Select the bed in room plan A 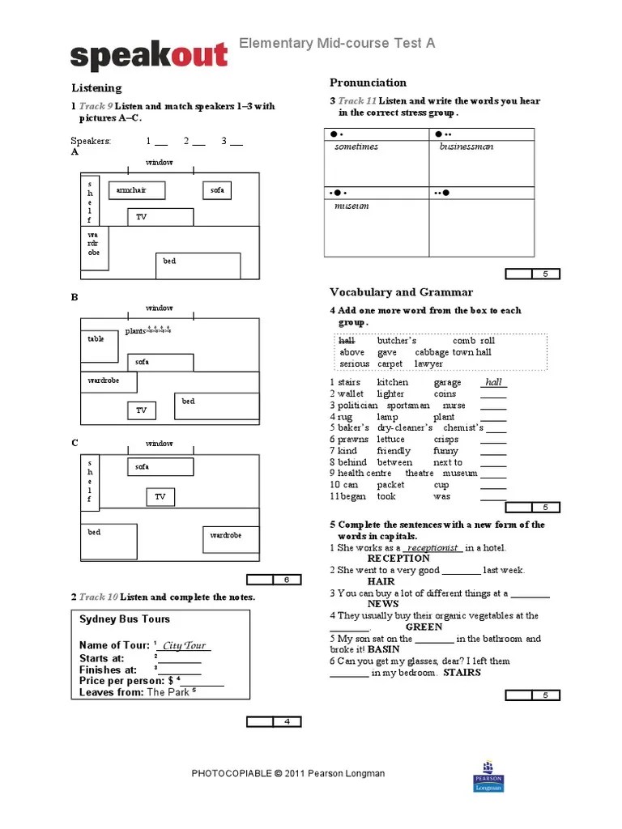click(x=198, y=266)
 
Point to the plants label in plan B click(x=135, y=331)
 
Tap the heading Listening click(x=96, y=87)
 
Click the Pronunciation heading click(x=368, y=83)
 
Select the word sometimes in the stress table click(x=356, y=147)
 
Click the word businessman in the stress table click(x=466, y=147)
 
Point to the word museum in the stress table click(x=351, y=206)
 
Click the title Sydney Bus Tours click(x=125, y=619)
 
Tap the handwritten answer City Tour click(x=184, y=645)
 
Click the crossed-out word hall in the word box click(x=347, y=341)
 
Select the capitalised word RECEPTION click(x=398, y=559)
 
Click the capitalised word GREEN click(x=424, y=627)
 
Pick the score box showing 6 click(x=286, y=580)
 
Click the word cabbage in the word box click(x=432, y=352)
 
